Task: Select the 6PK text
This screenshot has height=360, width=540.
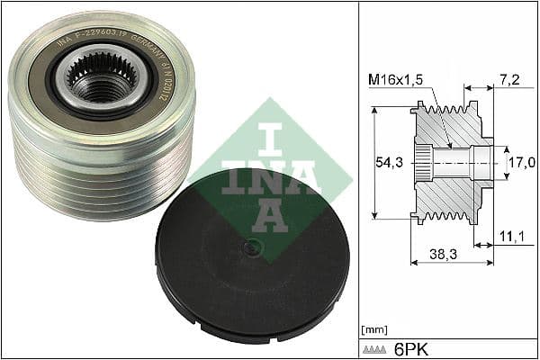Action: (x=409, y=347)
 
